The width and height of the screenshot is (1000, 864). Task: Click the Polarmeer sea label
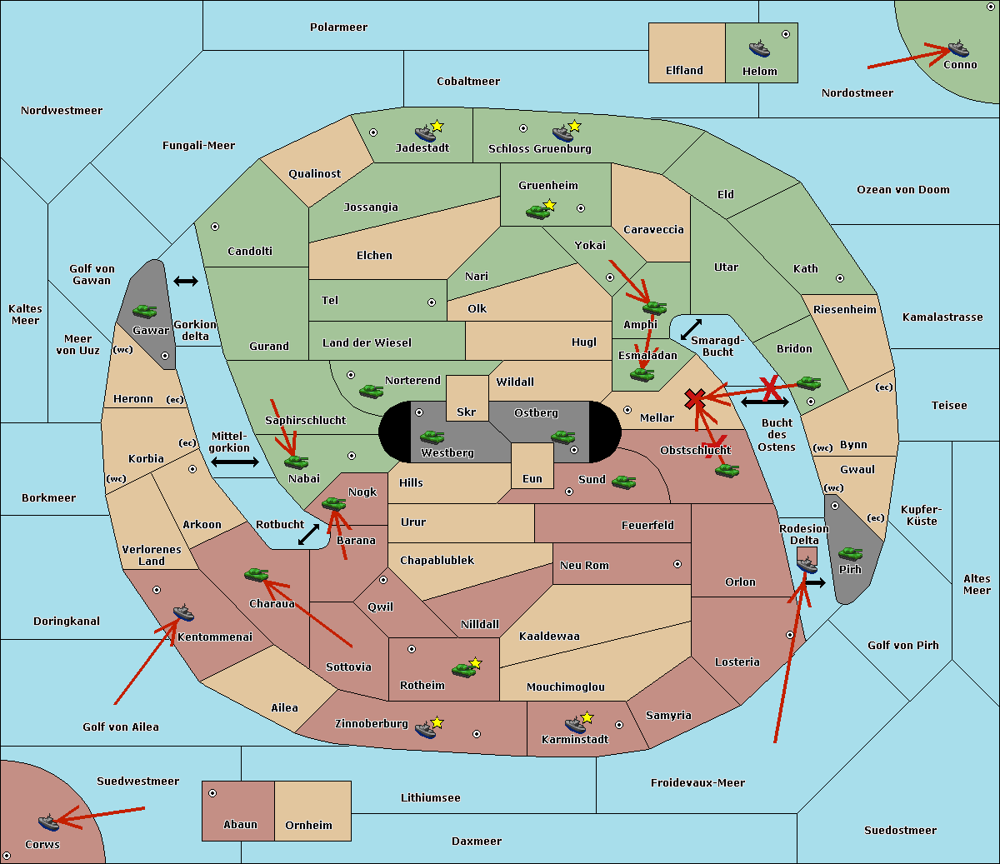click(x=338, y=27)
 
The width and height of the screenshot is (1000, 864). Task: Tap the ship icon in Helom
click(x=759, y=48)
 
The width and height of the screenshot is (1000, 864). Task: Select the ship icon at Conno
click(x=957, y=49)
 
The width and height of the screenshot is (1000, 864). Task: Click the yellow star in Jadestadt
click(x=437, y=127)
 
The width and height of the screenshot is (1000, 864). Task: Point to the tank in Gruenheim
click(x=538, y=212)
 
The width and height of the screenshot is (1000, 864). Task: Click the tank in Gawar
click(x=144, y=311)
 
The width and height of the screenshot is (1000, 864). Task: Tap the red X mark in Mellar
click(x=695, y=400)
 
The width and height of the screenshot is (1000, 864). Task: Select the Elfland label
click(x=684, y=71)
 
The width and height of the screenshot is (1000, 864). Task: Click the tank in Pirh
click(x=850, y=553)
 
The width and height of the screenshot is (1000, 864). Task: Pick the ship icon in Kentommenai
click(x=183, y=612)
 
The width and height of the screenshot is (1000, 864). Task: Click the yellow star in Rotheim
click(x=475, y=662)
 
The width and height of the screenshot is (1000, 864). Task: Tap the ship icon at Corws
click(x=48, y=822)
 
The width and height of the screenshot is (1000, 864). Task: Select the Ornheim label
click(x=308, y=826)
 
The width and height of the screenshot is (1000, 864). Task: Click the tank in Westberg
click(x=432, y=437)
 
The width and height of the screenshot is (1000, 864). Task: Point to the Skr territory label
click(x=467, y=412)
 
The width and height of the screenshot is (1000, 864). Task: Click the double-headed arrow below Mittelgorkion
click(x=235, y=462)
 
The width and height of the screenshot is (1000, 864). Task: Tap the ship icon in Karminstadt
click(x=575, y=724)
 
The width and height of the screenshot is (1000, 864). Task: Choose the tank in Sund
click(x=623, y=482)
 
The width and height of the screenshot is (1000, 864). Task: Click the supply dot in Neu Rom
click(x=677, y=564)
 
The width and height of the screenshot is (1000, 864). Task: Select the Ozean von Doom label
click(x=902, y=190)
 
